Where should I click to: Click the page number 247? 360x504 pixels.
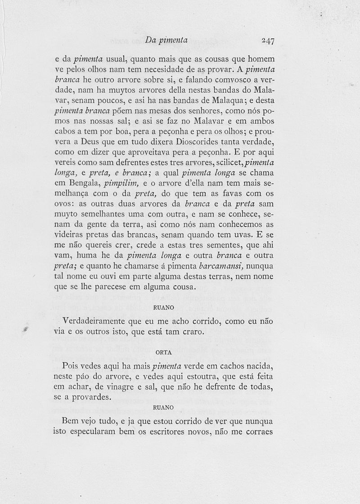268,40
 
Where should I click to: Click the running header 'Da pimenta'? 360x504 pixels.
167,40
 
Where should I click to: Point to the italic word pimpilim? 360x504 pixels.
123,184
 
